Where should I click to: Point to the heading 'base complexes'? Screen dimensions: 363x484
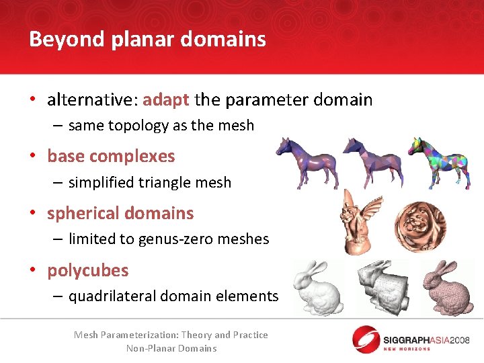pos(110,156)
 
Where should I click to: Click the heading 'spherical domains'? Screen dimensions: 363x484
pos(120,213)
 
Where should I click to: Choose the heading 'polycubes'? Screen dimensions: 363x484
pos(87,270)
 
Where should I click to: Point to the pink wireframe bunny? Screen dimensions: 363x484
pos(446,286)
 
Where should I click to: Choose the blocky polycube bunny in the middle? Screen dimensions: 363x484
pos(381,282)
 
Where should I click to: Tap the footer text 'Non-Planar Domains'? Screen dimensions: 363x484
pos(171,348)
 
